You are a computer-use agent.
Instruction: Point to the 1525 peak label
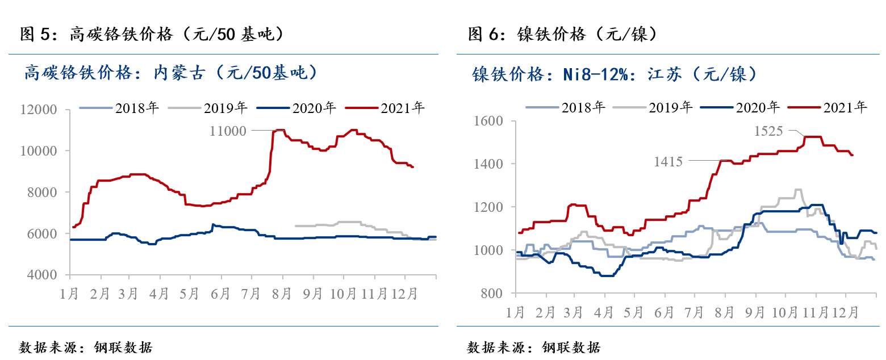[768, 131]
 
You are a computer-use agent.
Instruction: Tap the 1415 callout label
[668, 162]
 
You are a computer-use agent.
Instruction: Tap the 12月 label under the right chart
[845, 312]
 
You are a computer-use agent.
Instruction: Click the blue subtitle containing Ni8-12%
[613, 74]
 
